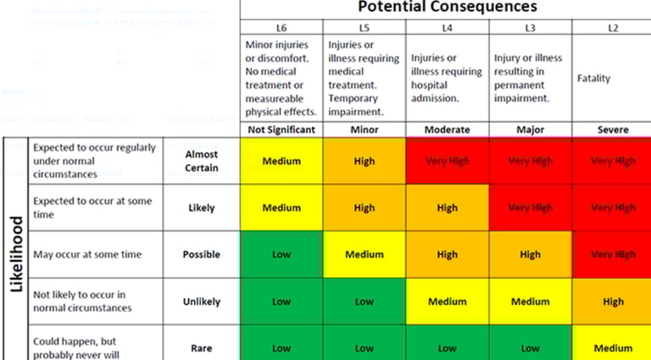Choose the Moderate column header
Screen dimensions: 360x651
coord(447,130)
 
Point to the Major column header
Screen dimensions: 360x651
coord(530,130)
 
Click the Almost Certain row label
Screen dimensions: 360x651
coord(202,161)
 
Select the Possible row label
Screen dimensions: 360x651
coord(202,254)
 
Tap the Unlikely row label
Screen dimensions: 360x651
coord(202,302)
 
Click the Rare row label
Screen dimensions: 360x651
coord(202,347)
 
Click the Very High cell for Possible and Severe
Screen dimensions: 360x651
coord(612,254)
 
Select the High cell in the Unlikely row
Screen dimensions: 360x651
coord(612,302)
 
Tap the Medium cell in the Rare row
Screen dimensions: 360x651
coord(612,347)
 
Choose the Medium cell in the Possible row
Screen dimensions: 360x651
coord(364,254)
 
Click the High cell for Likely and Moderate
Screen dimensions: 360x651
coord(447,208)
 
